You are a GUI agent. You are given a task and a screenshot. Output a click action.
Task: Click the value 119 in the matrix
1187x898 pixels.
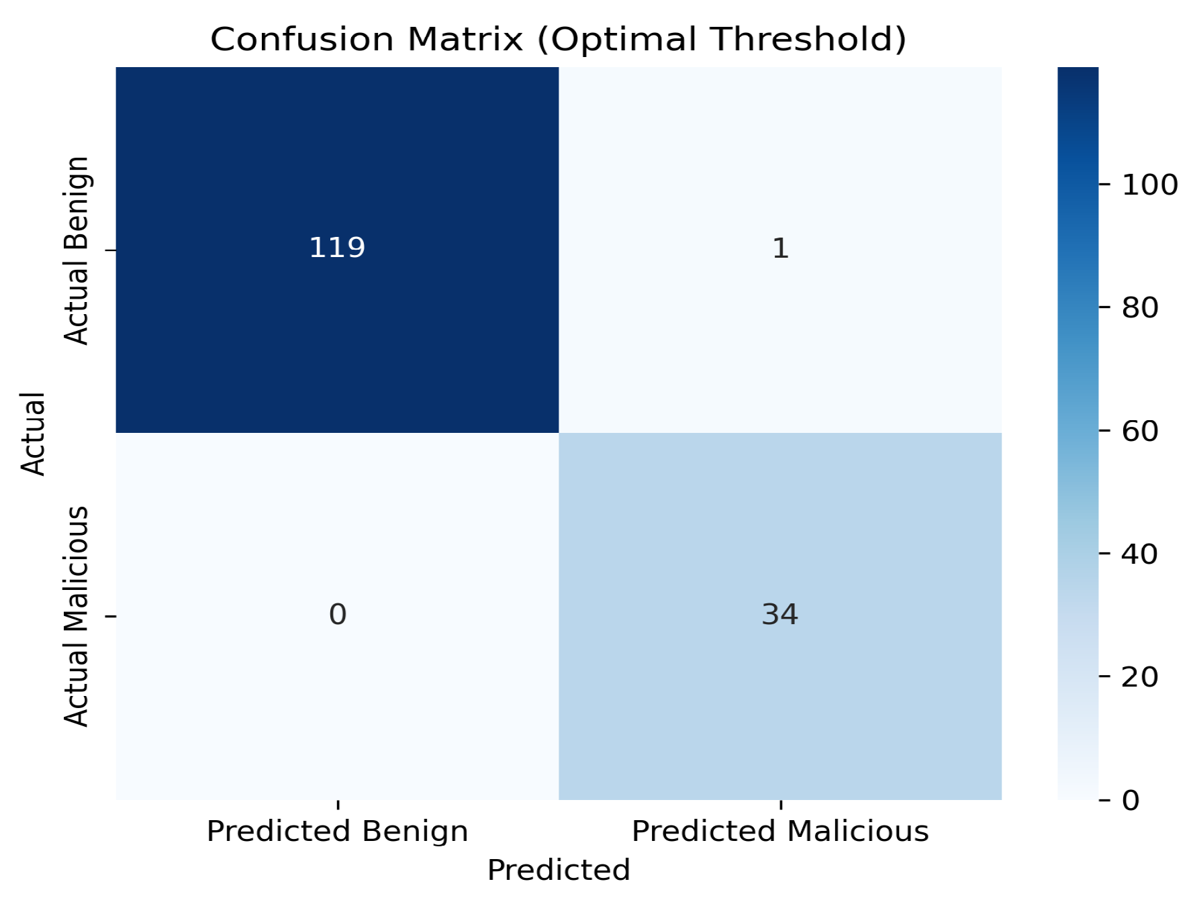point(337,248)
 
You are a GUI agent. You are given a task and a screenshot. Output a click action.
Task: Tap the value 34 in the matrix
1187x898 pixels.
point(780,614)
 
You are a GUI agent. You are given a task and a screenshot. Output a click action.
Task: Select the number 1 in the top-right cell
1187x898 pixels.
point(780,248)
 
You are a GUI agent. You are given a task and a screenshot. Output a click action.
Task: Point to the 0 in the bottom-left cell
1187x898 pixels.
point(338,614)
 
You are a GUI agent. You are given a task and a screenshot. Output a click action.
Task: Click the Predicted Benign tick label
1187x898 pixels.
point(337,832)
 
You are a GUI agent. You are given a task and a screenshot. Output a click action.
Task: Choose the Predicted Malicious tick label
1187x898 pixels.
point(780,832)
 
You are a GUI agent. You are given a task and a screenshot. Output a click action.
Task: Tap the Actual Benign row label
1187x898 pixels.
point(77,250)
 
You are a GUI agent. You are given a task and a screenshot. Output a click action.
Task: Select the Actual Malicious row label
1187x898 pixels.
point(77,616)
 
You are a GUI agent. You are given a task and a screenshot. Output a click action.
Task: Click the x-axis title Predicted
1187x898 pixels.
point(559,870)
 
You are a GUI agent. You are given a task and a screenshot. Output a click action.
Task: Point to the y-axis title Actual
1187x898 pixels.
point(33,434)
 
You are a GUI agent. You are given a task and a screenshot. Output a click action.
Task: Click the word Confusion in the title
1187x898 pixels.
point(301,40)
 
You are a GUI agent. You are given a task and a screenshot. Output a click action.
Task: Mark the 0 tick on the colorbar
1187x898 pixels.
point(1131,800)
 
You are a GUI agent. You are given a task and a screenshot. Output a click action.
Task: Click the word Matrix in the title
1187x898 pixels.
point(465,40)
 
